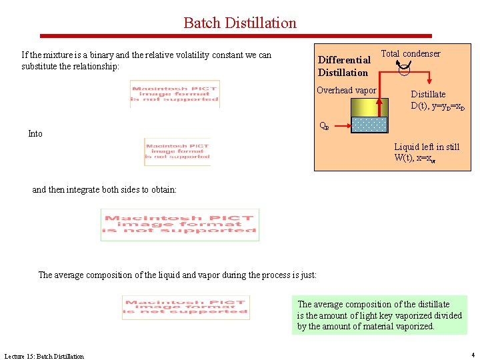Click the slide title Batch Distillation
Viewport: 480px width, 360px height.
[240, 23]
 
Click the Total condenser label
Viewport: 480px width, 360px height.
[410, 53]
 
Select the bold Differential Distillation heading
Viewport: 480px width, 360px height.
[344, 66]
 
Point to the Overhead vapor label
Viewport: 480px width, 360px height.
[346, 91]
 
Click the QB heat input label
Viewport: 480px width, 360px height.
[323, 125]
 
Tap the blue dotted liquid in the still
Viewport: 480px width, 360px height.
[369, 125]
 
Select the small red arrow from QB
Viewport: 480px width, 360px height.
[339, 126]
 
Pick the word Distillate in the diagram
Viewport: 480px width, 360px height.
[428, 95]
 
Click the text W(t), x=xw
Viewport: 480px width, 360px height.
[415, 158]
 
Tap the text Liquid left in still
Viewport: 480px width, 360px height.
[427, 147]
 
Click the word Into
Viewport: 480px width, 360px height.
[35, 134]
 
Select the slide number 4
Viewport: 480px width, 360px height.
[473, 355]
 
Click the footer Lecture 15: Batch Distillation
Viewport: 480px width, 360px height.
[44, 356]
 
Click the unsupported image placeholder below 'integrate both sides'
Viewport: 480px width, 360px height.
[180, 225]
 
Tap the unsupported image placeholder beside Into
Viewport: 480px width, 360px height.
[177, 152]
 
